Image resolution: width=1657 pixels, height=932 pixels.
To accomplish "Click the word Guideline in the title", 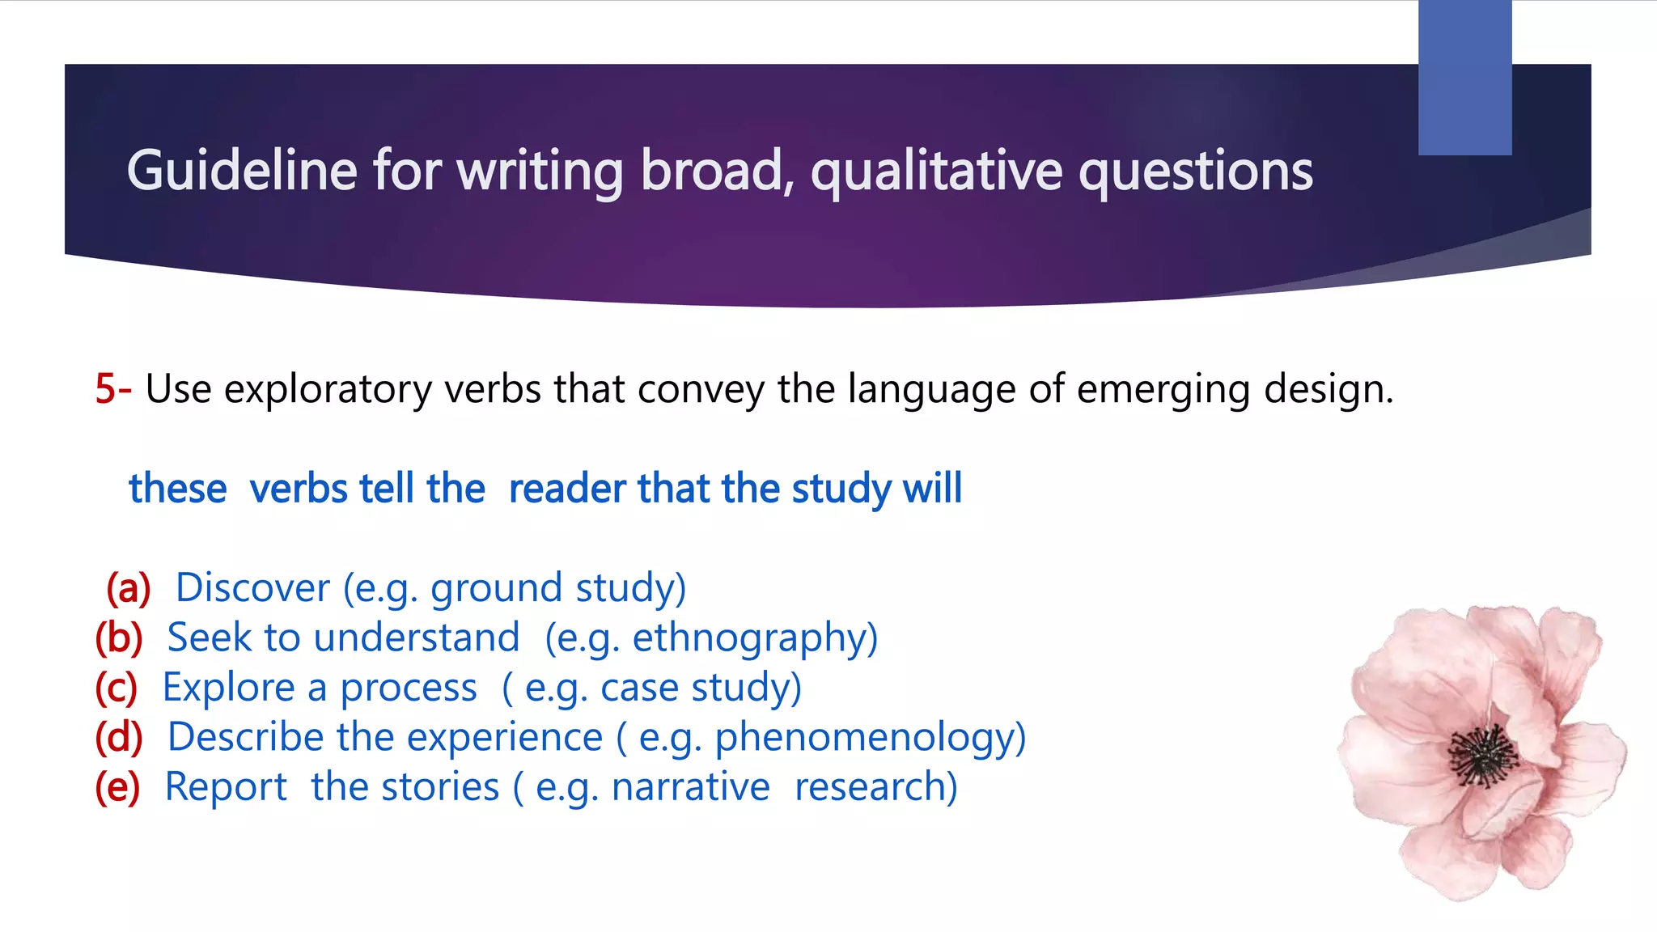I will tap(241, 171).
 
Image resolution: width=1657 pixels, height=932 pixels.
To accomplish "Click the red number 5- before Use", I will tap(113, 389).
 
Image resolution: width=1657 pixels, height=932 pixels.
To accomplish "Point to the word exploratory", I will tap(328, 390).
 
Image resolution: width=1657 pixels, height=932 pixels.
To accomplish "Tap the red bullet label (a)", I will tap(129, 588).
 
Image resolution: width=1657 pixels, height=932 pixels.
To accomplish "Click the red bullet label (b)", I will tap(119, 638).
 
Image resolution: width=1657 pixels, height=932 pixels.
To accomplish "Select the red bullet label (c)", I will tap(117, 688).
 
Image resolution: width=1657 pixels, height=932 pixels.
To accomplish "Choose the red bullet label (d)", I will tap(119, 738).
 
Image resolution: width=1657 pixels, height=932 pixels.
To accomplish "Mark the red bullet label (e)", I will tap(117, 787).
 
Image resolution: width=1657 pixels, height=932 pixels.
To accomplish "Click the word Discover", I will tap(252, 587).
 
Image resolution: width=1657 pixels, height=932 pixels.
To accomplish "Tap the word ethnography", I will tap(748, 638).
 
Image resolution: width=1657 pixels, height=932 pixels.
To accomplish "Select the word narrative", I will tap(690, 787).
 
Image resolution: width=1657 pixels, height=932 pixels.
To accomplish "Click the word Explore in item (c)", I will tap(229, 688).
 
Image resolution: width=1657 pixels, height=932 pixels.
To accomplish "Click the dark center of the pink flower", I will tap(1483, 756).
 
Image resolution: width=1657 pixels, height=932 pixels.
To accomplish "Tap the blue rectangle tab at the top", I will tap(1464, 78).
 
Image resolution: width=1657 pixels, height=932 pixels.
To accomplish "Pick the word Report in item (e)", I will tap(226, 787).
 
